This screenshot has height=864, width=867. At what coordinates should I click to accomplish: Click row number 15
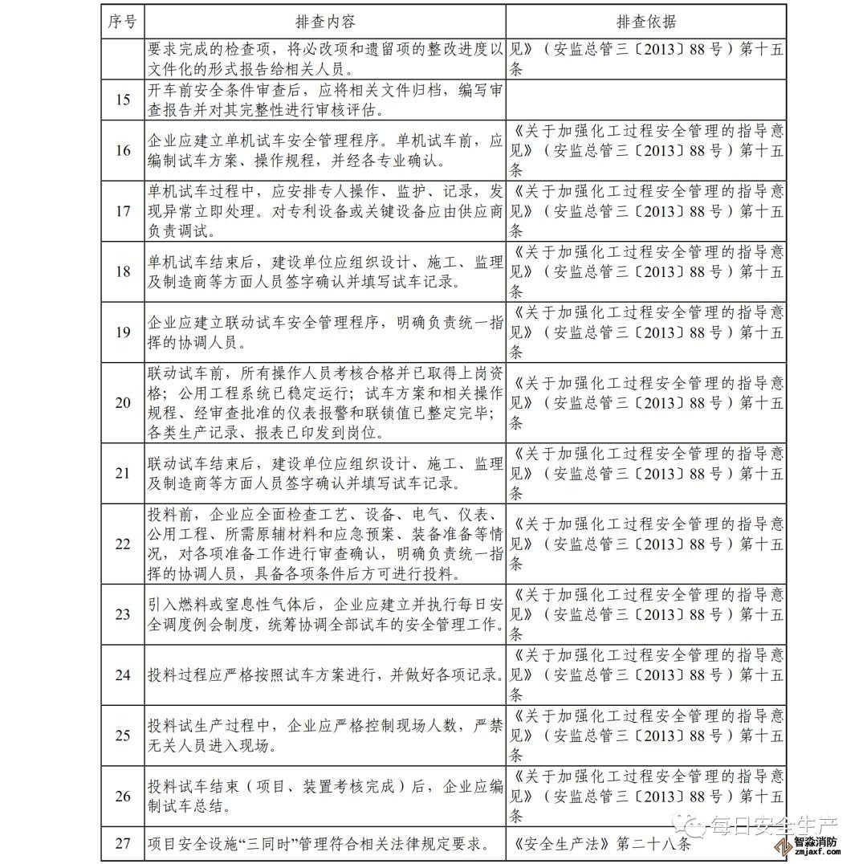123,100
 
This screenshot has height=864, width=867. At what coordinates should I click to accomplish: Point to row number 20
123,402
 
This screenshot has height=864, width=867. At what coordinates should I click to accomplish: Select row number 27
123,844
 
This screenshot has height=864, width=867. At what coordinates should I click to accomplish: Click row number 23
123,614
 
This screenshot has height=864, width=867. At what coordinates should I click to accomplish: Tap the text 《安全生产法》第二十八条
603,844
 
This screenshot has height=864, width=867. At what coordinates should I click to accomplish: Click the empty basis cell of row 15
647,100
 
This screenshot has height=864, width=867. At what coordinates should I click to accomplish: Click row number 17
123,211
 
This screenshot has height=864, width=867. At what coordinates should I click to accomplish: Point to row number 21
123,473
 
